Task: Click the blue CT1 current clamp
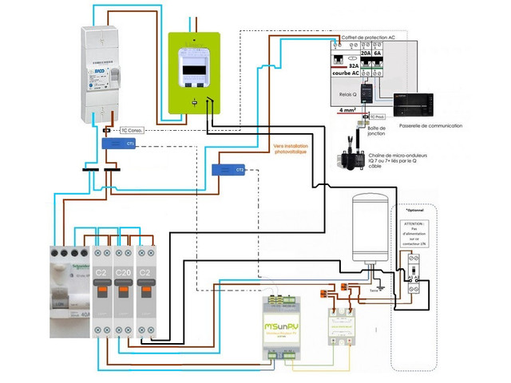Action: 118,144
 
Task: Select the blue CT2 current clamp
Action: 228,169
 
